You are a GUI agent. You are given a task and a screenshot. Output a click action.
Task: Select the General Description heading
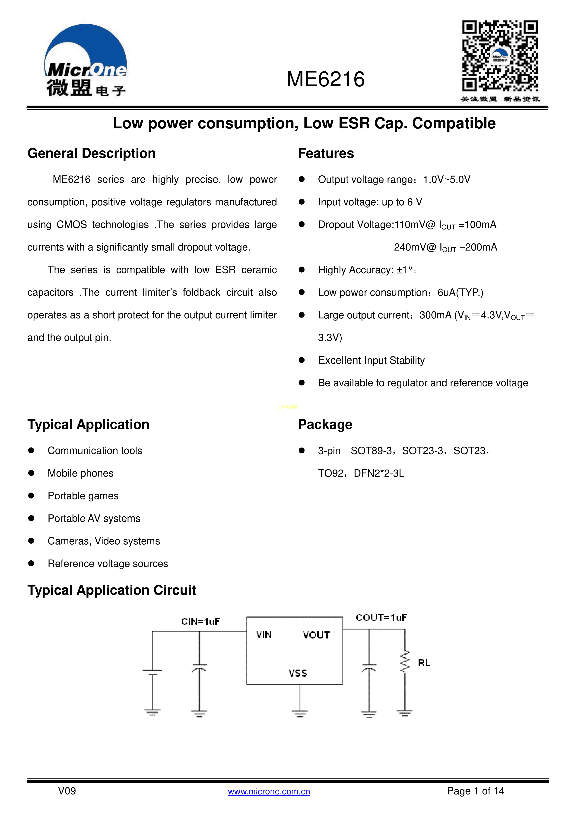91,153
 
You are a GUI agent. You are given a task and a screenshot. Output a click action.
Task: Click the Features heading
326,153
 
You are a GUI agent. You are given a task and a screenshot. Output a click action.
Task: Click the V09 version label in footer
67,791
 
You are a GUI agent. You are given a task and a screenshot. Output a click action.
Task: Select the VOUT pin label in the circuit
316,635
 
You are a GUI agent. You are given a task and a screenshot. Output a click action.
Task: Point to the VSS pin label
298,673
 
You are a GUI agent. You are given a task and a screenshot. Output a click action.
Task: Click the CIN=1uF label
200,621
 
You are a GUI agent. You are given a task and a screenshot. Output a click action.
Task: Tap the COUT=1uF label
381,618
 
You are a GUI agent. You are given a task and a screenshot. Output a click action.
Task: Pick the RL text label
424,663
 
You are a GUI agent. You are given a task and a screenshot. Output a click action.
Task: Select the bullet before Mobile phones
31,473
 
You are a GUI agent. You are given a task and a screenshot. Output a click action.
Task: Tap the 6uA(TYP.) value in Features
460,292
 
